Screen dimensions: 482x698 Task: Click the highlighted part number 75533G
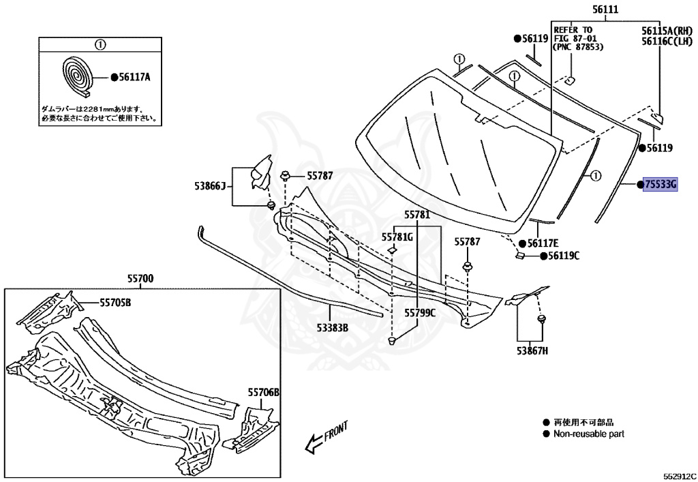tap(660, 184)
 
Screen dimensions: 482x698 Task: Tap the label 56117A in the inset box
tap(134, 78)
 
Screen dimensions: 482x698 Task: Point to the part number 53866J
tap(209, 185)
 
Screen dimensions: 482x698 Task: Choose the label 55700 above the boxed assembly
tap(140, 278)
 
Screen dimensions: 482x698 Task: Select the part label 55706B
tap(263, 392)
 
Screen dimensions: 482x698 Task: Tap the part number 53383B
tap(332, 327)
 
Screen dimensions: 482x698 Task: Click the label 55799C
tap(419, 313)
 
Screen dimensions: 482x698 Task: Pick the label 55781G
tap(397, 237)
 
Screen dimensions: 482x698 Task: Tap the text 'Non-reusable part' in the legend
tap(588, 434)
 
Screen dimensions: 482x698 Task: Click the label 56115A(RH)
tap(666, 31)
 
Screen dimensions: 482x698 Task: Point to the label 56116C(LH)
tap(666, 41)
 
